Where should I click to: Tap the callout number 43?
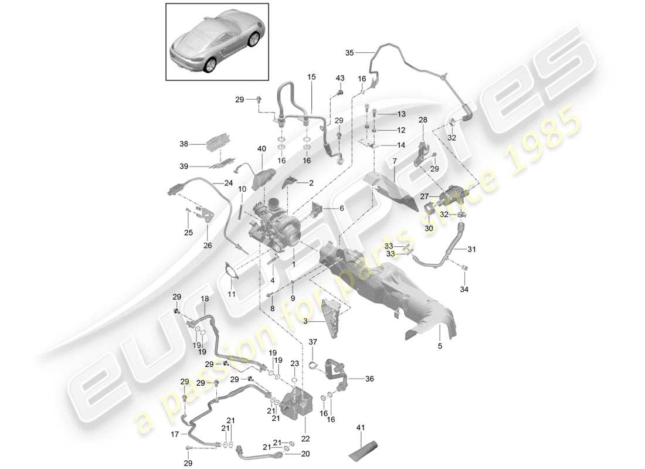[340, 79]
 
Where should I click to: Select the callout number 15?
[311, 77]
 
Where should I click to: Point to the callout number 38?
[184, 143]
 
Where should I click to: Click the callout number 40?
[261, 149]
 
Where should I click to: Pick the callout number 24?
[228, 182]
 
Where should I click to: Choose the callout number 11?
[231, 293]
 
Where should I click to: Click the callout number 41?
[359, 428]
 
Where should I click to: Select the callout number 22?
[306, 438]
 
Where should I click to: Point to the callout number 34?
[465, 289]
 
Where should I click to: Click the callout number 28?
[422, 120]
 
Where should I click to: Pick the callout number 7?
[394, 160]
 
